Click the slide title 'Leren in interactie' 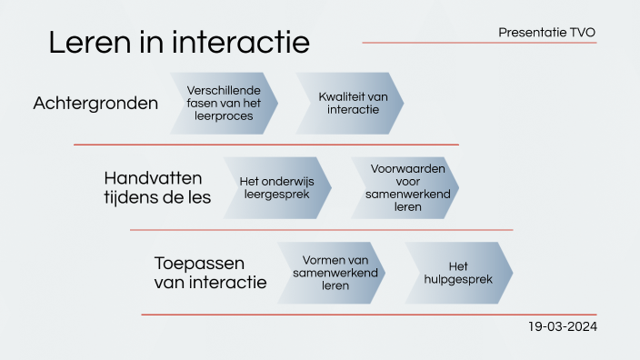(179, 43)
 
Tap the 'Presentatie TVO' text (547, 33)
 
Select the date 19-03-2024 (563, 326)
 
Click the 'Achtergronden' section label (95, 104)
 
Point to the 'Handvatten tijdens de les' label (157, 187)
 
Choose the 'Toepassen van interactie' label (211, 273)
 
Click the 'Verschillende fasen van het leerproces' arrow (224, 104)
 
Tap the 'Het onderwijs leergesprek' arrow (277, 188)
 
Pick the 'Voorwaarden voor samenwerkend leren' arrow (405, 188)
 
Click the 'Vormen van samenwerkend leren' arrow (331, 273)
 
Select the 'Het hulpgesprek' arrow (458, 273)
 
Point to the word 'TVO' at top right (583, 33)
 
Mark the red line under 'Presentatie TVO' (479, 43)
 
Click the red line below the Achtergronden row (265, 145)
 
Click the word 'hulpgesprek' (458, 279)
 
